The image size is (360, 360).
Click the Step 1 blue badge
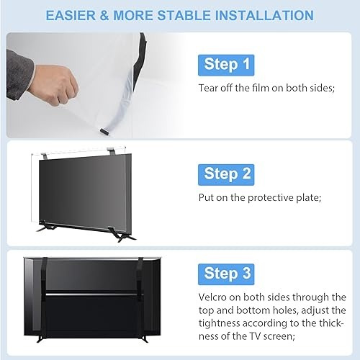click(x=226, y=65)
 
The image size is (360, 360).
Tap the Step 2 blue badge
click(x=226, y=174)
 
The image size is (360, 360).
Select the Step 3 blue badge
click(x=226, y=274)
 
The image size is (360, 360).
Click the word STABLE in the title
click(x=184, y=15)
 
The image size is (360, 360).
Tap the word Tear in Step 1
click(x=208, y=88)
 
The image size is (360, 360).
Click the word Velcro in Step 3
click(x=212, y=297)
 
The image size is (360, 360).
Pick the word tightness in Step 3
click(x=220, y=323)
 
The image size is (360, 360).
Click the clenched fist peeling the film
click(x=57, y=85)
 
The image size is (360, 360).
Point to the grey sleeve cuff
click(x=20, y=74)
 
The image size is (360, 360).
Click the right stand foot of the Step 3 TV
click(x=144, y=338)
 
